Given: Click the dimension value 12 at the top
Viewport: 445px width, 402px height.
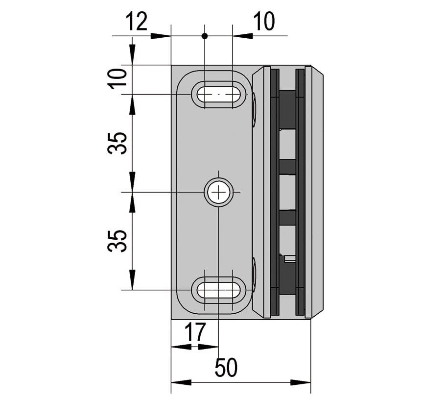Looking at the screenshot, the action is tap(137, 21).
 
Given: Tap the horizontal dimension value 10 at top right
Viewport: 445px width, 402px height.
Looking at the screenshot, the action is tap(264, 21).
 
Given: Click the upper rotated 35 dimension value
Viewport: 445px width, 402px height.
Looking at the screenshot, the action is tap(117, 143).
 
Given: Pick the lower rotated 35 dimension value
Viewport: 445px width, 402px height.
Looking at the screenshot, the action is tap(117, 241).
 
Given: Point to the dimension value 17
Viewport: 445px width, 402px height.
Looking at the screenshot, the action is tap(195, 332).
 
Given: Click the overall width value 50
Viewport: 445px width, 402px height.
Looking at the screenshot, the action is tap(226, 367).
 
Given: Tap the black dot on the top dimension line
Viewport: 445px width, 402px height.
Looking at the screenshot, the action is tap(204, 36).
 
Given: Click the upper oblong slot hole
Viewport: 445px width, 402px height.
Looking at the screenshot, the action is tap(218, 94).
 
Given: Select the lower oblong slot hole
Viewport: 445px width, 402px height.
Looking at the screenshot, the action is tap(218, 290).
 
